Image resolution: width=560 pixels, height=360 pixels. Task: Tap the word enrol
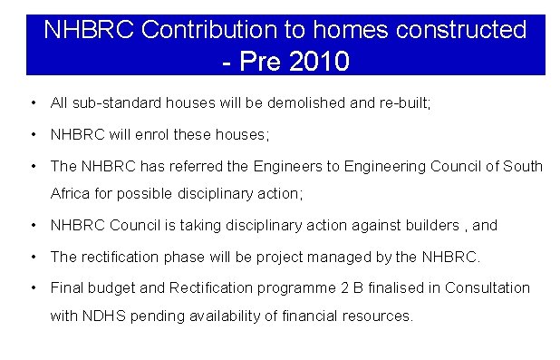coord(155,134)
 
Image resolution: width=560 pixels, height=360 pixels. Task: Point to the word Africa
coord(70,193)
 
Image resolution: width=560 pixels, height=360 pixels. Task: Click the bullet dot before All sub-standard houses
coord(33,103)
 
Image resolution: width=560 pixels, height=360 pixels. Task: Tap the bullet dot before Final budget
coord(33,287)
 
